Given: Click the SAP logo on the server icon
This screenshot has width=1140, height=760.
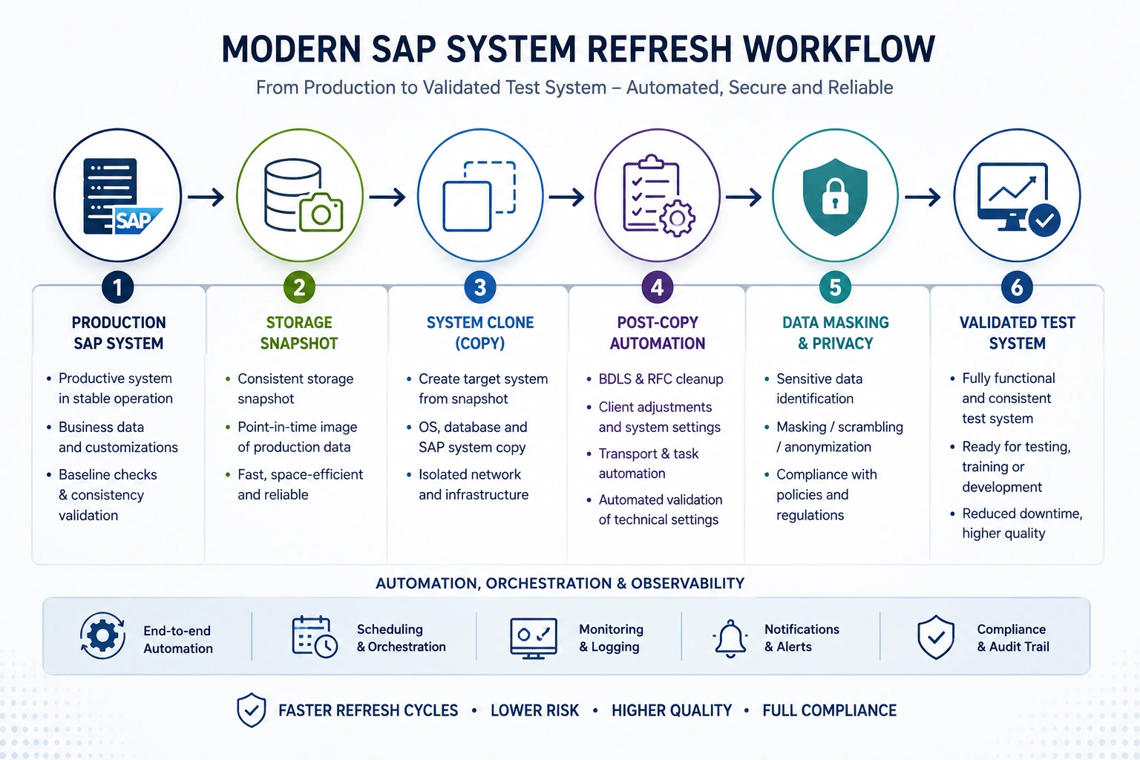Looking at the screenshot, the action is (137, 220).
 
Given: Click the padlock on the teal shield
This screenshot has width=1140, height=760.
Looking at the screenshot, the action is (835, 197).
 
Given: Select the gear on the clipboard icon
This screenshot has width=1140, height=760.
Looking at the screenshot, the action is (677, 218).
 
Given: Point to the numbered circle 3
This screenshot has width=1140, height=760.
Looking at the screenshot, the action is (480, 288).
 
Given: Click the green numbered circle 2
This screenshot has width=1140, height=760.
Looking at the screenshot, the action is (299, 288).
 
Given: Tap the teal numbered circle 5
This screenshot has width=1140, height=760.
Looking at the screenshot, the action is (835, 288).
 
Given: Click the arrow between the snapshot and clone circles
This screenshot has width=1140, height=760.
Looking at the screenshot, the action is (387, 197).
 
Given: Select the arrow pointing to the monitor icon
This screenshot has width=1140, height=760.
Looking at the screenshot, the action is (923, 197).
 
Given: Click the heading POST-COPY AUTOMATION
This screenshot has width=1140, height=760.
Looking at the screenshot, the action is (658, 333).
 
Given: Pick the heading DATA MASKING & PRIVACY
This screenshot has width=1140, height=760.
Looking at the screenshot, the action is (835, 333).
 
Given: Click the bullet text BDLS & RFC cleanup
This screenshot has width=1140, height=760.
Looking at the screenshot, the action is (661, 379).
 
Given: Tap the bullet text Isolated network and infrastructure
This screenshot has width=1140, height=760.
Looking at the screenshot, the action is (474, 485).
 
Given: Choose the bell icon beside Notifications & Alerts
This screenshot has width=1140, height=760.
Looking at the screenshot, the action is (730, 638).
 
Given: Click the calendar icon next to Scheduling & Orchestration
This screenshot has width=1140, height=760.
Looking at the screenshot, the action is (315, 637).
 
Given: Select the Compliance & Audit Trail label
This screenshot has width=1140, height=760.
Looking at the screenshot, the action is (1013, 638).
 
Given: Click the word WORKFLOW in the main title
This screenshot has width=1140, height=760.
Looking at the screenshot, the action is (839, 50).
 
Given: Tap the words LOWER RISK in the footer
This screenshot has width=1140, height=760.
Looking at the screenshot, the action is (534, 710).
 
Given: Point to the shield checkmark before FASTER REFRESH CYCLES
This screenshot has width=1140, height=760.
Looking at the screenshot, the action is (252, 710).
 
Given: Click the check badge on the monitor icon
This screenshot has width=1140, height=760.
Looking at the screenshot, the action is (1044, 220).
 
